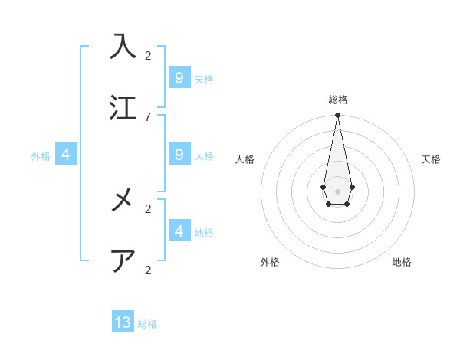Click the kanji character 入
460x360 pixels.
coord(123,47)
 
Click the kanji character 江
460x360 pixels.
coord(123,107)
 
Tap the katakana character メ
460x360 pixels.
coord(123,201)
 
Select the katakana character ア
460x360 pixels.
coord(123,260)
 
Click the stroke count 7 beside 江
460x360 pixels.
coord(148,116)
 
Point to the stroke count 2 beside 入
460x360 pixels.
coord(148,55)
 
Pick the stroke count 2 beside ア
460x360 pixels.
coord(148,270)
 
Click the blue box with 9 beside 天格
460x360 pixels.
coord(179,77)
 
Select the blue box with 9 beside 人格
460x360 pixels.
coord(179,155)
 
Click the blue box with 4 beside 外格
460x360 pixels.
coord(66,155)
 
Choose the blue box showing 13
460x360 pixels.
coord(123,322)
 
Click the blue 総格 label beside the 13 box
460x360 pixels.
coord(147,324)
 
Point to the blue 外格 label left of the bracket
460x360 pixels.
coord(41,156)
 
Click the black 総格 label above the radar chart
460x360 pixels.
coord(337,100)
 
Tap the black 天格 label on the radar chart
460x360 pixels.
coord(431,159)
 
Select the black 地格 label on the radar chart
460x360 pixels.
coord(402,262)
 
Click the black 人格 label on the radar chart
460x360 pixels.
coord(245,159)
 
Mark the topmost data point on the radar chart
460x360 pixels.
coord(337,116)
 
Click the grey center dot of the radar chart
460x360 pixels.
coord(337,191)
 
